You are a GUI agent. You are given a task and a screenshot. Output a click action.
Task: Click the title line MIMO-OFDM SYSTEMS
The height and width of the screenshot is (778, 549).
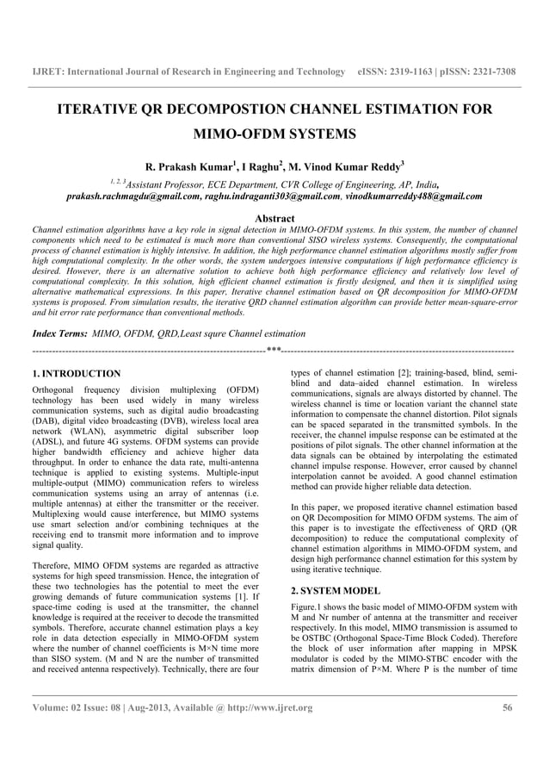(274, 135)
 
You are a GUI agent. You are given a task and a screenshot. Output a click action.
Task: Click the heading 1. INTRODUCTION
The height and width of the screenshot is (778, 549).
(76, 374)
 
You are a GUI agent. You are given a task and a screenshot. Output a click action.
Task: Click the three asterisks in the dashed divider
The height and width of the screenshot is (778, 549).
(274, 352)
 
